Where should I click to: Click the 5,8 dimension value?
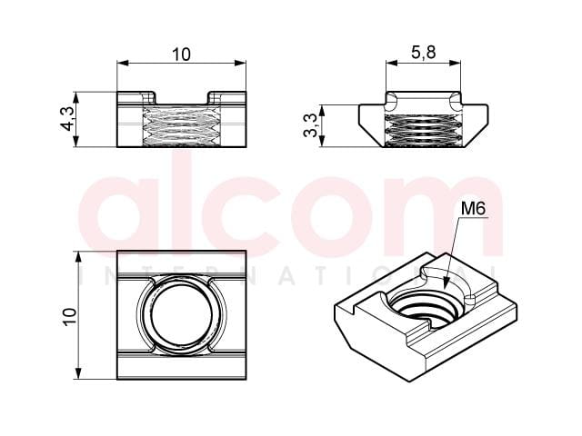pyautogui.click(x=423, y=53)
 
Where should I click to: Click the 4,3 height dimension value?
pyautogui.click(x=67, y=119)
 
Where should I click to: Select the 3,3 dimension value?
pyautogui.click(x=310, y=125)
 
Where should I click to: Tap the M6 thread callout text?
pyautogui.click(x=473, y=209)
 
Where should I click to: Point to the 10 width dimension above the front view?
pyautogui.click(x=181, y=54)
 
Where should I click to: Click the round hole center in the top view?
pyautogui.click(x=182, y=315)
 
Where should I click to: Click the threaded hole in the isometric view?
pyautogui.click(x=426, y=310)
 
